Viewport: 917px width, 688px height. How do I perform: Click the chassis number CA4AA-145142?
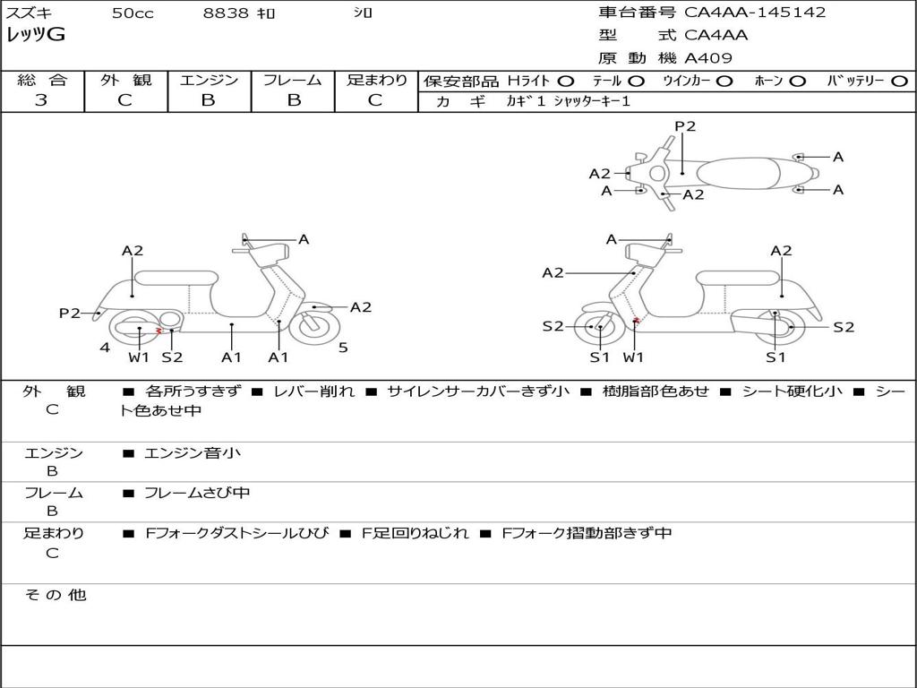point(755,12)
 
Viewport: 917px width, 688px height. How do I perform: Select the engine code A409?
point(708,58)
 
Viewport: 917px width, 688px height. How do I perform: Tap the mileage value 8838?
point(226,13)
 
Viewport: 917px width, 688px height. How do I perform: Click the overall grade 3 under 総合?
point(41,99)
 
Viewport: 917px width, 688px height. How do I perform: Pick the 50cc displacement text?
point(133,13)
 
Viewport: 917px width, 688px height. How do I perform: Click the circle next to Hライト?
point(566,82)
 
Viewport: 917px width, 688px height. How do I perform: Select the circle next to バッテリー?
point(899,82)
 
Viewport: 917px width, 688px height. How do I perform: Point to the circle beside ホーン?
point(797,82)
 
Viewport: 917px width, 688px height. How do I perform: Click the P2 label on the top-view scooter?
point(685,126)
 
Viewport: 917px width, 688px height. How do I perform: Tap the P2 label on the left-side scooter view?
point(70,313)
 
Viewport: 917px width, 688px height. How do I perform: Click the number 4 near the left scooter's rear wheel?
point(105,348)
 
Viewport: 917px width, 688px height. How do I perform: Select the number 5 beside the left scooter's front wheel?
point(343,348)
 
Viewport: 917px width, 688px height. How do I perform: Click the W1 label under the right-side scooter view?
point(633,357)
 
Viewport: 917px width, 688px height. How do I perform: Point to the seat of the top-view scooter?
point(739,173)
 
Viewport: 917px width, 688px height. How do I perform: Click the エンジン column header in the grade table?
point(209,80)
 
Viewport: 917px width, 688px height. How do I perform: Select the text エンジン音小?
point(193,452)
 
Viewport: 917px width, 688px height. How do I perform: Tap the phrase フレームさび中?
point(197,493)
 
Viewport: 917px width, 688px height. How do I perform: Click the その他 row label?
point(56,595)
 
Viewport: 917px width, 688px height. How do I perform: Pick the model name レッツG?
point(36,35)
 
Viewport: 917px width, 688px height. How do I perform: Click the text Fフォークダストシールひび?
point(236,533)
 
